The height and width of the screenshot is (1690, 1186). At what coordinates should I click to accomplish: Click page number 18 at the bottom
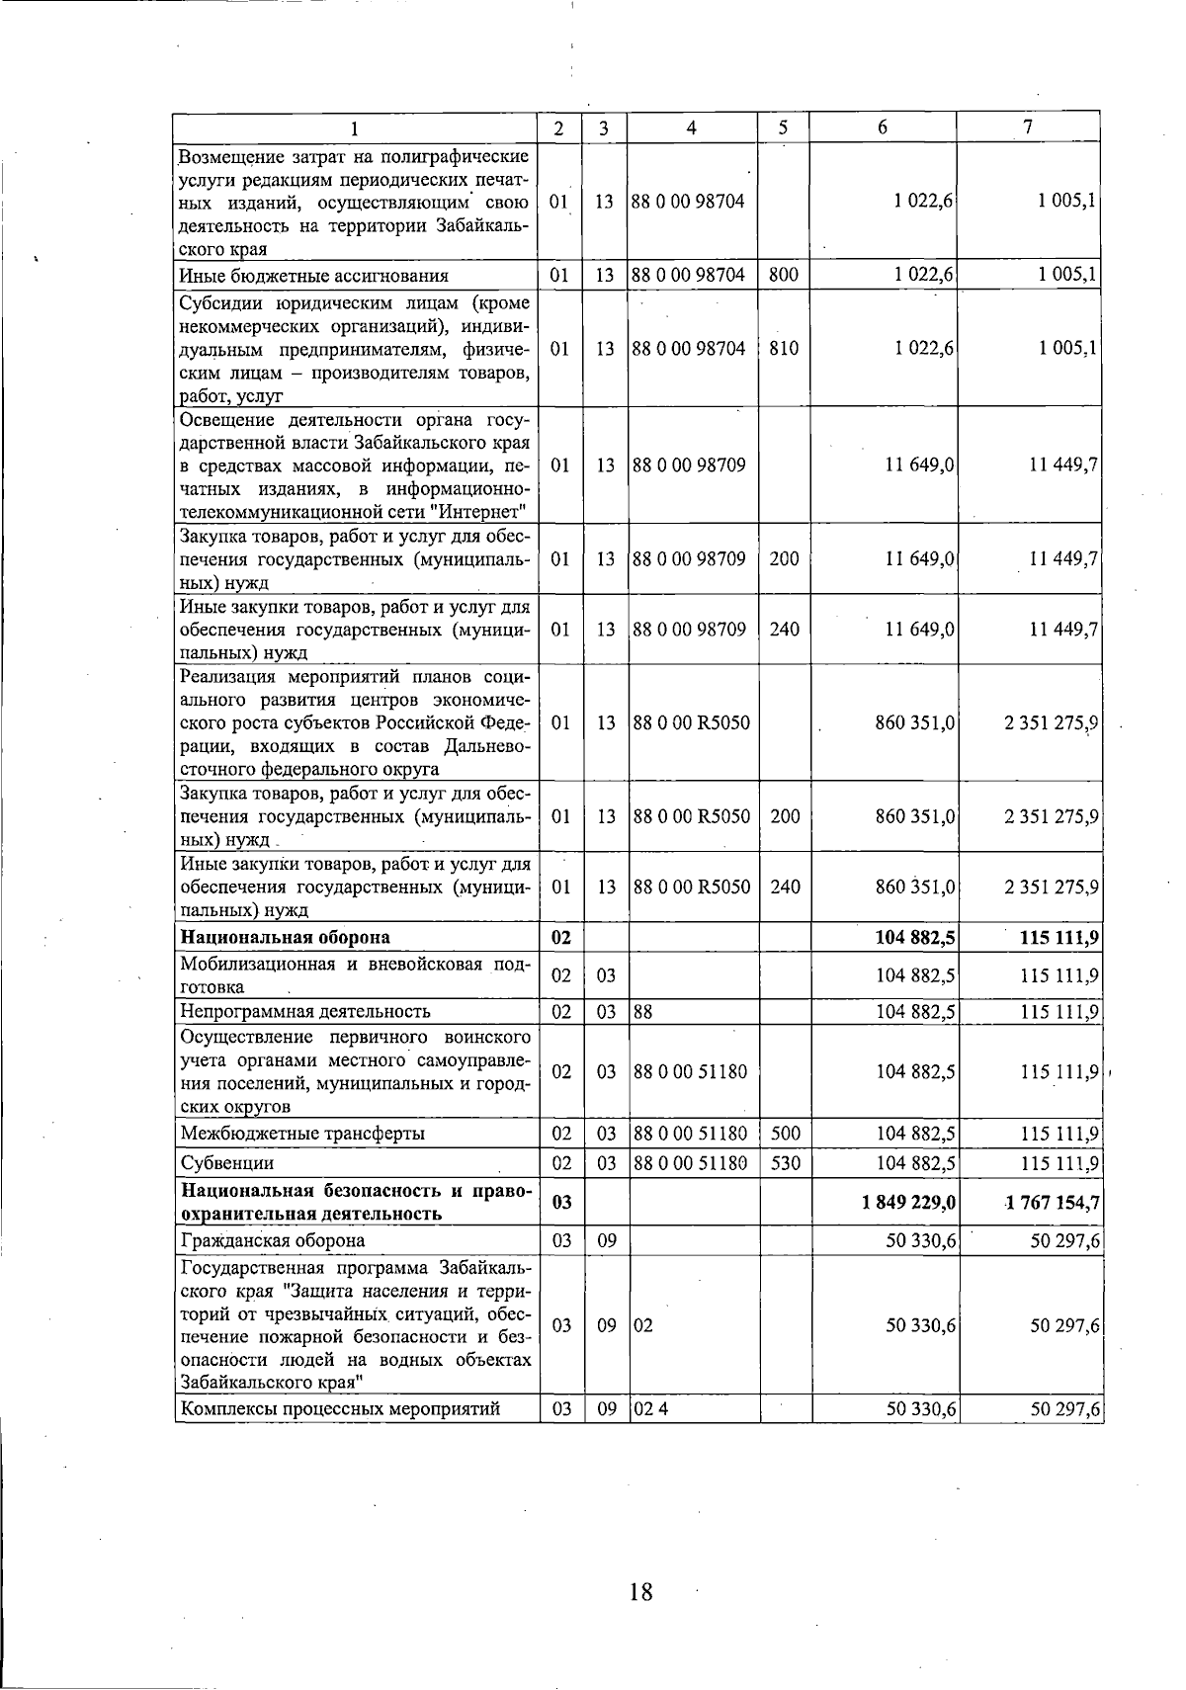[x=639, y=1592]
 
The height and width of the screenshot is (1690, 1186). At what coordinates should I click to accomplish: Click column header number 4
[x=692, y=127]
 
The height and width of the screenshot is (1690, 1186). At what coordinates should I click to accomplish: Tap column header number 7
[x=1029, y=127]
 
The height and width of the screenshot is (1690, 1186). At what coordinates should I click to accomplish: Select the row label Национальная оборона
[x=285, y=937]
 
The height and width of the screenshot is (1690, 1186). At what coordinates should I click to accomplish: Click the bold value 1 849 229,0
[x=908, y=1203]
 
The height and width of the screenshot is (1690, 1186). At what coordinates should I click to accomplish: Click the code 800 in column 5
[x=783, y=276]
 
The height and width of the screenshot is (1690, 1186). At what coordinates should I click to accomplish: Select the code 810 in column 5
[x=783, y=348]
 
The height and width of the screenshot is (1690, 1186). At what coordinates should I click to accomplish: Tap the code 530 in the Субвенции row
[x=784, y=1163]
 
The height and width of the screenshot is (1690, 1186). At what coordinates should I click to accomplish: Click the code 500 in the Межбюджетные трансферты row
[x=784, y=1134]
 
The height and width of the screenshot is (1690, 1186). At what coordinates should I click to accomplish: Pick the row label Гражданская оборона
[x=272, y=1240]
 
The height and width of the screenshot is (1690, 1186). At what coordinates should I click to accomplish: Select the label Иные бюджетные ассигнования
[x=313, y=276]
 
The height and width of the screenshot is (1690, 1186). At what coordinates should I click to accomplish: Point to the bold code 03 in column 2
[x=560, y=1203]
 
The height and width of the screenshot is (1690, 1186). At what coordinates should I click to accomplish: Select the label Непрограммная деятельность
[x=304, y=1011]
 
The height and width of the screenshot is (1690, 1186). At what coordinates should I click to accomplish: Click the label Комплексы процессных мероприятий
[x=339, y=1409]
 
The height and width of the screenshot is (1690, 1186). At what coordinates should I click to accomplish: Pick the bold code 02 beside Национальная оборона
[x=560, y=937]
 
